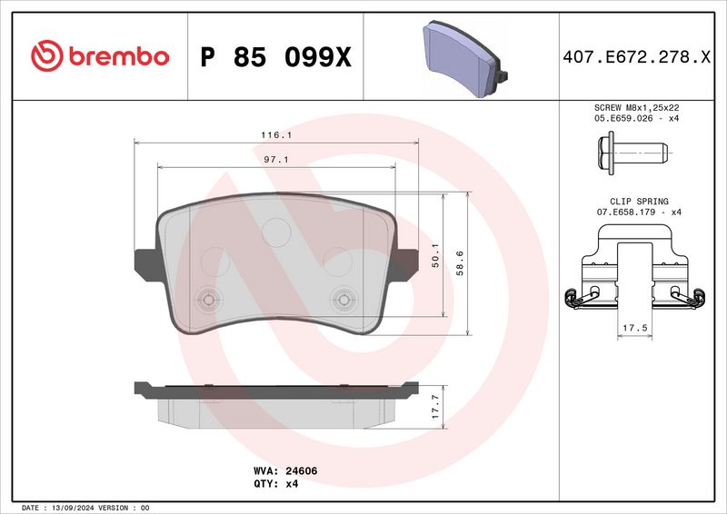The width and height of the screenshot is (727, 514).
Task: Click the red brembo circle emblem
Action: point(45,56)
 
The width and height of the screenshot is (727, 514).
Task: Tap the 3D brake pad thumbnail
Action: point(463,55)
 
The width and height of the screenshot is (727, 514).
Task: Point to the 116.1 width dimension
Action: point(276,134)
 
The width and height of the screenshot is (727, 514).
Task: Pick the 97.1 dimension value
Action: point(276,159)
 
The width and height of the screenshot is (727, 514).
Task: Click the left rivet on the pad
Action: point(208,300)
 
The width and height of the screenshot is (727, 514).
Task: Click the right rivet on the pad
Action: point(344,299)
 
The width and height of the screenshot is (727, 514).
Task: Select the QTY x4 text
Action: point(278,484)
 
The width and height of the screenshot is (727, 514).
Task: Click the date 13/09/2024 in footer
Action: point(73,507)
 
